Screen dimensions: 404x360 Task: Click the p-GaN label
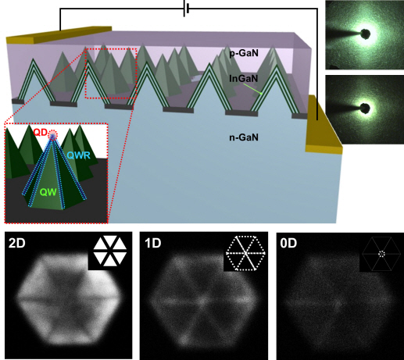click(x=244, y=53)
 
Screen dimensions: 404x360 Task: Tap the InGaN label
click(x=244, y=78)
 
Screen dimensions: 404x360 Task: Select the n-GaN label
click(x=244, y=137)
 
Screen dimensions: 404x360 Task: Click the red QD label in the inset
click(x=41, y=133)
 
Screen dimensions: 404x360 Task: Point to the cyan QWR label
click(x=79, y=155)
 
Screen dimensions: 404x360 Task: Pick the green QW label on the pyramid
click(x=48, y=192)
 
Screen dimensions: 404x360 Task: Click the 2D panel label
click(x=17, y=244)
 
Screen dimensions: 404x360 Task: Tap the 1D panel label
click(x=153, y=244)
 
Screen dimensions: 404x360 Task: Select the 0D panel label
click(x=288, y=244)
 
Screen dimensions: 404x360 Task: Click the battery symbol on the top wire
click(x=186, y=9)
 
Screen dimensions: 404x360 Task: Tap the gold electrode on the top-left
click(x=59, y=34)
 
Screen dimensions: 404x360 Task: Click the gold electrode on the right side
click(x=324, y=124)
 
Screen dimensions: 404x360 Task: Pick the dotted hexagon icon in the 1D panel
click(x=245, y=253)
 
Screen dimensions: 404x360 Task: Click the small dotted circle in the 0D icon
click(x=381, y=254)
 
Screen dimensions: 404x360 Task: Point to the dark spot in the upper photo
click(x=365, y=34)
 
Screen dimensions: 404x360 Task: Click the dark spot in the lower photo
click(x=365, y=109)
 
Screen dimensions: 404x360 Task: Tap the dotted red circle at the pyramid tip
click(x=53, y=135)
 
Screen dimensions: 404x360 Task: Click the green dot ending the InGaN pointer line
click(x=261, y=93)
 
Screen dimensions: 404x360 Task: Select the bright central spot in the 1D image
click(x=202, y=300)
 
